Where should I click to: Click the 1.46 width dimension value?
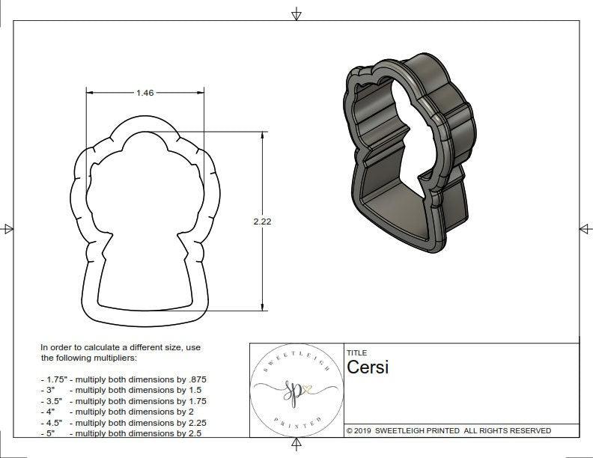(x=145, y=94)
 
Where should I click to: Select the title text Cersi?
(x=368, y=367)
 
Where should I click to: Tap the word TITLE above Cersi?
(x=356, y=352)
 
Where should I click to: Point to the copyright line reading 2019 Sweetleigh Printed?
(x=448, y=430)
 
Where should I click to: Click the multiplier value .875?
(x=195, y=379)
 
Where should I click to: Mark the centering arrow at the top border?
(x=297, y=13)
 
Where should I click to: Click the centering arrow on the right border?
(x=584, y=229)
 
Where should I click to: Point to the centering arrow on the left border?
(x=7, y=229)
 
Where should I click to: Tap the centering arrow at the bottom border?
(x=297, y=447)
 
